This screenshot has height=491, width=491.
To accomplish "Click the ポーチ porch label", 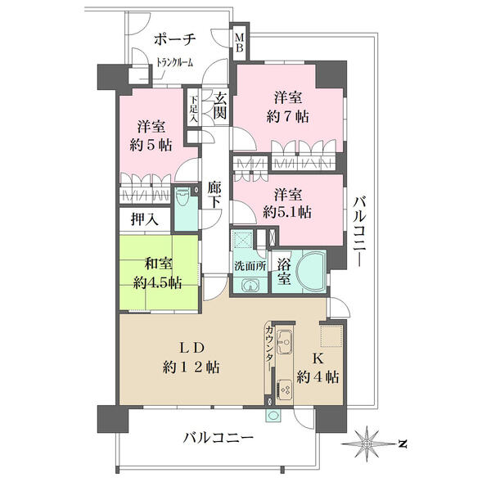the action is coord(175,40).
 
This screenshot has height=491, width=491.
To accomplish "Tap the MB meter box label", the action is coord(240,43).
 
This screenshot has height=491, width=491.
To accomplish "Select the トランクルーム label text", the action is coord(175,62).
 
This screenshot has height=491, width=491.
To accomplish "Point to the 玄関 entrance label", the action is coord(220,106).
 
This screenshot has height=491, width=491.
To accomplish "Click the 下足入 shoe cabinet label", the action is coord(194,109).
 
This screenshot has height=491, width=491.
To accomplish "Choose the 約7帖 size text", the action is coord(287,117).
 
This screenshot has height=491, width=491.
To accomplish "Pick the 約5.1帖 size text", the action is coord(287,213).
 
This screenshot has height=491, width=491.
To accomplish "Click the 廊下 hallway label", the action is coord(214,195).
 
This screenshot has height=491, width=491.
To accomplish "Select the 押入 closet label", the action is coord(144,219).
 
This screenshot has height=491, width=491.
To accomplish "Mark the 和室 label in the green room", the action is coord(158,264).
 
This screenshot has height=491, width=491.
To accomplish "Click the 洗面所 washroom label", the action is coord(250,266).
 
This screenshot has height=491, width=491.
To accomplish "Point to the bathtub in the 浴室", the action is coord(311,269).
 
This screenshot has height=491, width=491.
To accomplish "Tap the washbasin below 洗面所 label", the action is coord(250,286).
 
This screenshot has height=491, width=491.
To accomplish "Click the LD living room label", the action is coord(191,349).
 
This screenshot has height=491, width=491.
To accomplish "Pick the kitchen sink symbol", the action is coord(285,341).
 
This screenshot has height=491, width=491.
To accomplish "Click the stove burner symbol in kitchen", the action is coord(285,390).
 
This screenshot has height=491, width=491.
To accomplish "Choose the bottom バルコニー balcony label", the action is coord(218,438).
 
